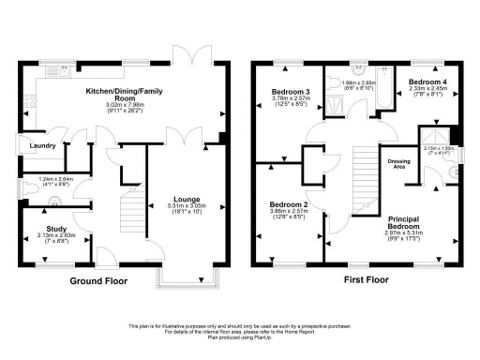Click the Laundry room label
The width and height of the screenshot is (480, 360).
click(x=41, y=146)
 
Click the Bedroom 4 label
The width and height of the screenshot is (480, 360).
click(x=427, y=82)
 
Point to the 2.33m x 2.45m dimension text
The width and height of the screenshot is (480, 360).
click(x=427, y=90)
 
